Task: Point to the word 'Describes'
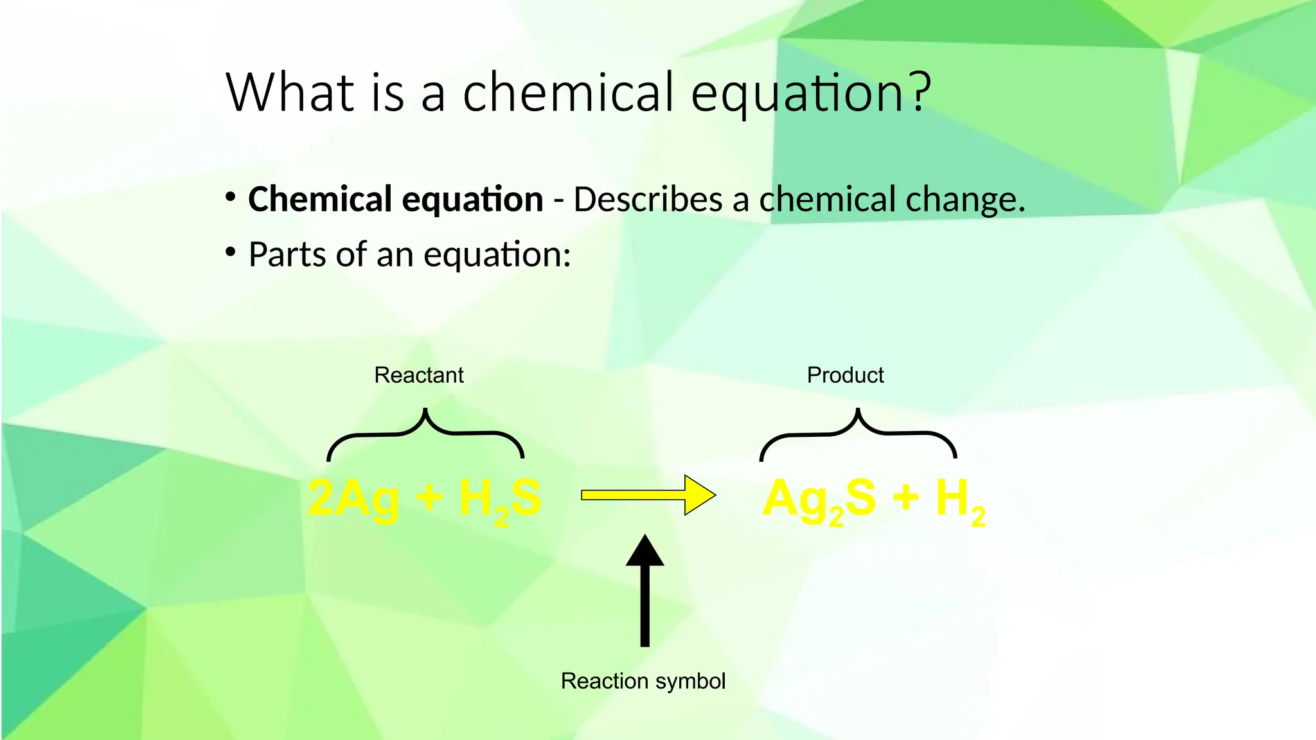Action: point(648,199)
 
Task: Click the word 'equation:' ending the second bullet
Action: point(497,256)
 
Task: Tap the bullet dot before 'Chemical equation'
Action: point(230,198)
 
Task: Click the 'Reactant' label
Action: point(419,375)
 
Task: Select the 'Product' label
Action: point(845,375)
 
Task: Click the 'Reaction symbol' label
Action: point(643,681)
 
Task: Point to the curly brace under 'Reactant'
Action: point(425,434)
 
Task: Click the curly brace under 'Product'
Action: point(858,434)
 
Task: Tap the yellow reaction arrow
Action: point(648,495)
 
